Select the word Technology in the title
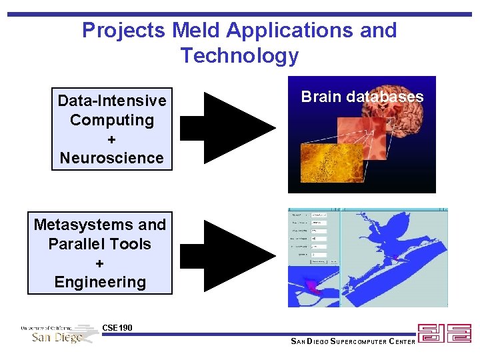(239, 55)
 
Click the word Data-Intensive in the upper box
(112, 101)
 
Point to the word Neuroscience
(111, 158)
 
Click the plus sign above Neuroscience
(111, 139)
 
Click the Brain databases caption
(362, 97)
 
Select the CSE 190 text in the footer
(117, 327)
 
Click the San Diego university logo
(60, 333)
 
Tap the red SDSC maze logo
(444, 333)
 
